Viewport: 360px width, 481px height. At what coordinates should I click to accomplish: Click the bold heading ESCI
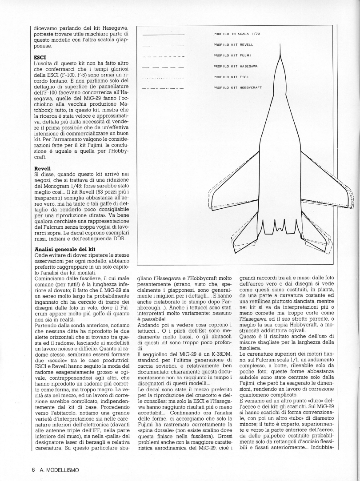41,57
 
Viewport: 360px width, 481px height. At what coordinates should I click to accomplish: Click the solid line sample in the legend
163,34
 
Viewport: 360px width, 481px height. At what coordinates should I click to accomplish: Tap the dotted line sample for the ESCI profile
163,77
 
